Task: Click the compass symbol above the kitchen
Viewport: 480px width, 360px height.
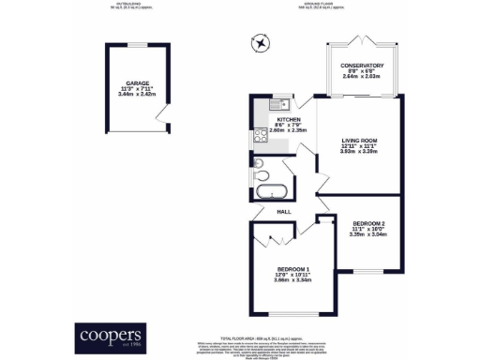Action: pos(259,43)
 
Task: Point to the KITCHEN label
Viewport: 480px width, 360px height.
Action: pos(287,121)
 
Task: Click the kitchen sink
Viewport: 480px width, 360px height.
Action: pos(283,104)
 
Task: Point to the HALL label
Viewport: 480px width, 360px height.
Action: pos(284,212)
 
